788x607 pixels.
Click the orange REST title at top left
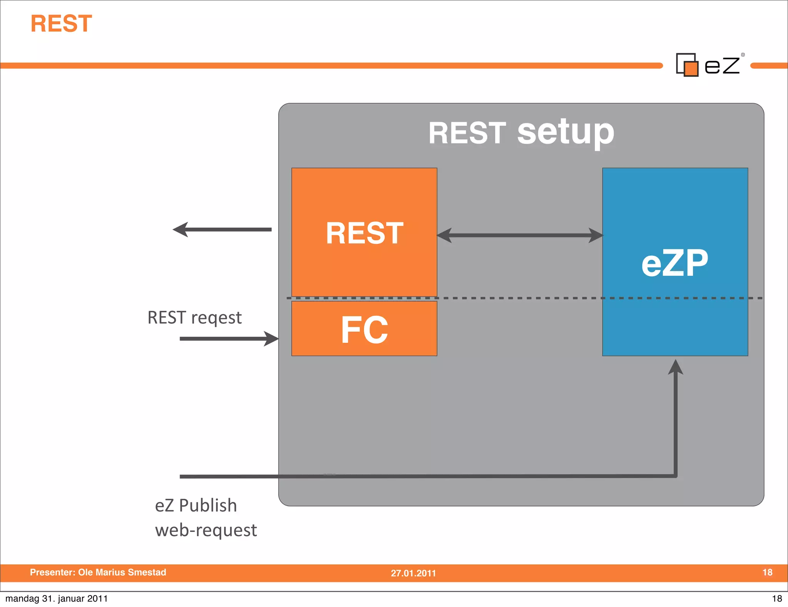[61, 24]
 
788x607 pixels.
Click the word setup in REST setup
[566, 132]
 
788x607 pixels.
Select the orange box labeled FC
[364, 329]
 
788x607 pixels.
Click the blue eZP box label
[674, 263]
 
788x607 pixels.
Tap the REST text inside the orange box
[364, 233]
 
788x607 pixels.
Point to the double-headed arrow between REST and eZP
[519, 235]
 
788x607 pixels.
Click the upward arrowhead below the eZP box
[675, 368]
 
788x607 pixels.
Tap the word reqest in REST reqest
[216, 318]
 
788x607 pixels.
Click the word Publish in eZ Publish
[208, 506]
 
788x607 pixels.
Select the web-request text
[206, 530]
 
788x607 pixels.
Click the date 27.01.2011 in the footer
[413, 573]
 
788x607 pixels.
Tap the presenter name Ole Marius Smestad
[122, 572]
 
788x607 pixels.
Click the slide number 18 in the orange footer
[767, 572]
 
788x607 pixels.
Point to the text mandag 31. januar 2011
[57, 599]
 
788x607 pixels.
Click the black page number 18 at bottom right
[777, 599]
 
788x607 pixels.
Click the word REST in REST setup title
[467, 133]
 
